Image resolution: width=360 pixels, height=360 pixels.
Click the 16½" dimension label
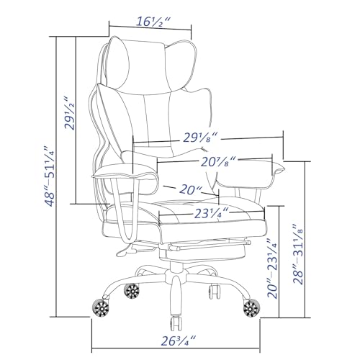[x=153, y=22]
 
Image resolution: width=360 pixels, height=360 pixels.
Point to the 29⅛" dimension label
[x=200, y=138]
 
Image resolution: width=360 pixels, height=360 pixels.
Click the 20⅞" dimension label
[x=218, y=162]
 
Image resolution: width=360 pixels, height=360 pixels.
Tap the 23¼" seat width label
[x=211, y=213]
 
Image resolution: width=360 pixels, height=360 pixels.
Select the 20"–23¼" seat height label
[x=272, y=269]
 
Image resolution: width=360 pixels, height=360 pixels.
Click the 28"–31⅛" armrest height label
[x=298, y=254]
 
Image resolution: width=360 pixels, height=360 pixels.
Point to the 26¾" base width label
[x=179, y=341]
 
